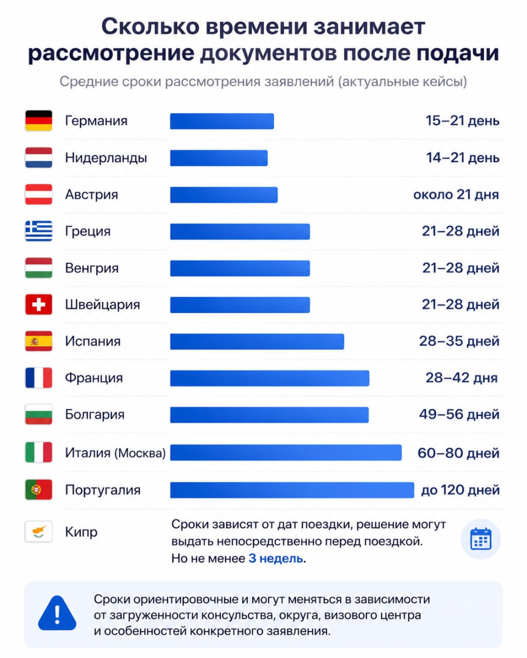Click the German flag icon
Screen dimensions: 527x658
pos(39,120)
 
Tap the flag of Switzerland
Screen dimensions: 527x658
pos(39,304)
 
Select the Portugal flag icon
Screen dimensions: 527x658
pos(39,489)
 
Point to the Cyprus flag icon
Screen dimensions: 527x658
pos(39,532)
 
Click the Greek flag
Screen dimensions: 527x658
pos(39,231)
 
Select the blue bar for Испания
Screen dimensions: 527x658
pos(257,341)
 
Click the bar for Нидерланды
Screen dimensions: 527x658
pos(219,158)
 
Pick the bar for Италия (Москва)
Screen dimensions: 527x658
pos(286,452)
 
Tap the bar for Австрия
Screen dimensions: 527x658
pos(224,195)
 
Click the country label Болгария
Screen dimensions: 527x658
pos(95,415)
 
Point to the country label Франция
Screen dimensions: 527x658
pos(94,378)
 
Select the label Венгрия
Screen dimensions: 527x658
pos(92,268)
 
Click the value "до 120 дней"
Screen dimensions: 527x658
pos(460,490)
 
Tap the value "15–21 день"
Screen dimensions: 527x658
pos(462,121)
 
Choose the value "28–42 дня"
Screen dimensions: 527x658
pos(462,378)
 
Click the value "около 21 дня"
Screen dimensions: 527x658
pos(456,195)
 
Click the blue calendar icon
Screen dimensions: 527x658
pos(481,539)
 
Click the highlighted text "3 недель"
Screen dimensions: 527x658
pos(276,558)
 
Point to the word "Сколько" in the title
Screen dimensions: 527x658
pos(150,27)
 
